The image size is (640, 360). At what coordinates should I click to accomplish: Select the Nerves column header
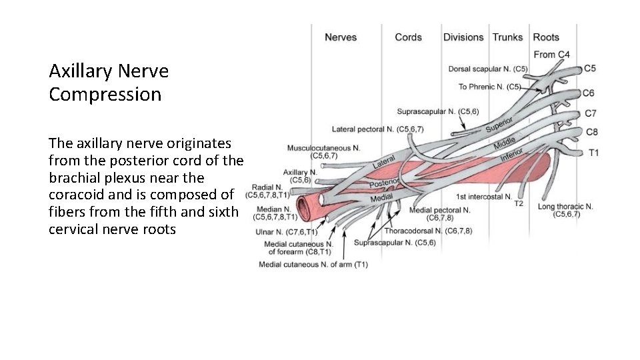click(x=341, y=37)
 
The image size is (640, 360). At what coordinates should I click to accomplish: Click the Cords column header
click(x=408, y=37)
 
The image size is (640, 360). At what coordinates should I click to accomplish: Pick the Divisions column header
click(x=464, y=37)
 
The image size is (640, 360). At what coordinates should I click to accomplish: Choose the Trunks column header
click(x=507, y=37)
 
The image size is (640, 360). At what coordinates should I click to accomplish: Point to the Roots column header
click(x=546, y=37)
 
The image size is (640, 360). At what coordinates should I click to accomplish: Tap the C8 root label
click(x=591, y=132)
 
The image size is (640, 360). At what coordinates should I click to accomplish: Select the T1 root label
click(x=593, y=153)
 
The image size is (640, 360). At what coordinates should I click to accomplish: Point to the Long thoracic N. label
click(x=565, y=207)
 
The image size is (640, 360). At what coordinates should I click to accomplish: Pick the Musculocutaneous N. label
click(x=324, y=148)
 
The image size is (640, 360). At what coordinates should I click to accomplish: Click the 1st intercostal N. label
click(x=484, y=197)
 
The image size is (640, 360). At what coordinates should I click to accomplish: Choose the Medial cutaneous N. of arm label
click(x=313, y=265)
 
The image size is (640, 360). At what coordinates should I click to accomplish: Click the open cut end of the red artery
click(x=307, y=207)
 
